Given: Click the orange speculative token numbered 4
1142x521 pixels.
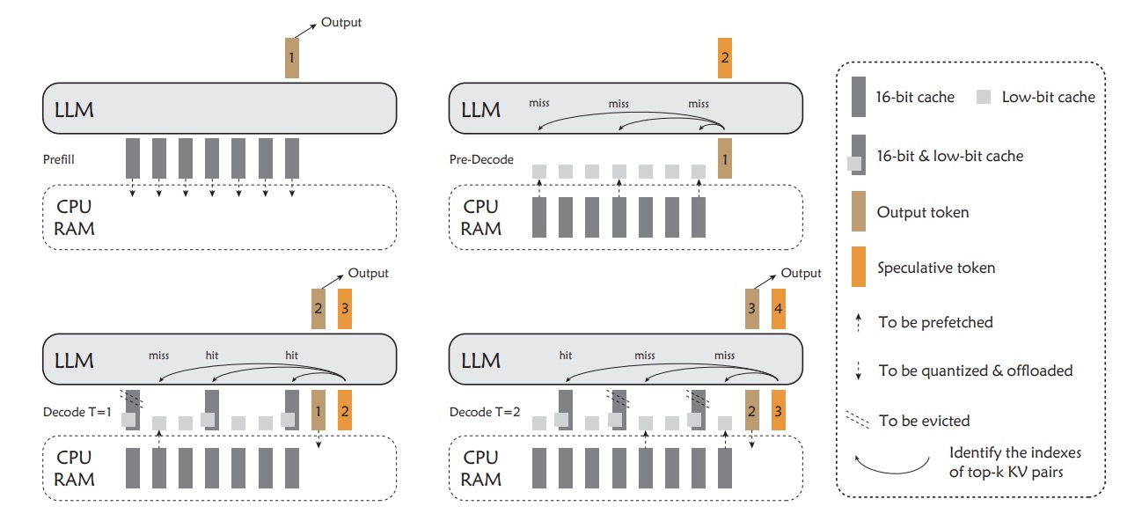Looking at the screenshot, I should (x=779, y=309).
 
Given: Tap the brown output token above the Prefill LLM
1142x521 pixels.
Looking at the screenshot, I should (x=292, y=57).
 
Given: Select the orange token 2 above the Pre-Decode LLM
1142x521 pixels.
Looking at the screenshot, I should (x=725, y=57).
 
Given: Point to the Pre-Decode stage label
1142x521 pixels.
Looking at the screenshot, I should (x=480, y=160).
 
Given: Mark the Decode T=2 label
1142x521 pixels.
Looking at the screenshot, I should (x=479, y=411).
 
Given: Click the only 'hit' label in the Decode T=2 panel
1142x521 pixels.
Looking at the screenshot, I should (x=565, y=356).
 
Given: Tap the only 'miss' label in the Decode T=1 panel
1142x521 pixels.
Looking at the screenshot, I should (x=158, y=356).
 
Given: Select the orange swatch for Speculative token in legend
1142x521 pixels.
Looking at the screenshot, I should (x=858, y=268).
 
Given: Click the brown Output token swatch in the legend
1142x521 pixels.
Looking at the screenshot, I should (x=858, y=213).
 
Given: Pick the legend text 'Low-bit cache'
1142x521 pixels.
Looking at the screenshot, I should (x=1048, y=98).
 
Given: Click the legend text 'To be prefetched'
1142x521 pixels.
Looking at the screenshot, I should (x=935, y=322).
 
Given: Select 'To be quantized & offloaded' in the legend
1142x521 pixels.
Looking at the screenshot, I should (x=975, y=371).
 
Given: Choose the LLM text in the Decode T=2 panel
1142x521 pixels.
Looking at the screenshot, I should (x=480, y=360).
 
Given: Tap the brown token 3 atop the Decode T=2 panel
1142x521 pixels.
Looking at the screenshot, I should (x=752, y=309).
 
